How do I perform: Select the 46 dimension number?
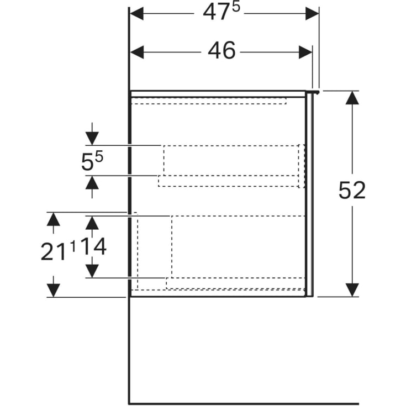tap(222, 51)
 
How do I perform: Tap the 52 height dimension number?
tap(352, 191)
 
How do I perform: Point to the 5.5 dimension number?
tap(92, 161)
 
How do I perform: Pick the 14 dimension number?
tap(93, 247)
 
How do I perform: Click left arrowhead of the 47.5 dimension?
tap(136, 13)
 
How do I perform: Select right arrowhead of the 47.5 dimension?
tap(313, 13)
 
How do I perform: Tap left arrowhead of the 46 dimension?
tap(137, 52)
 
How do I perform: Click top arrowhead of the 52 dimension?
tap(352, 98)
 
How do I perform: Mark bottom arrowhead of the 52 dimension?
tap(352, 289)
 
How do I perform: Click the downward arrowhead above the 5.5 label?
tap(92, 138)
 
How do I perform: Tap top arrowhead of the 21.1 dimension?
tap(53, 219)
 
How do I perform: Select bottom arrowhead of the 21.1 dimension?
tap(53, 290)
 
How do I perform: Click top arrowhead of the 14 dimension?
tap(92, 223)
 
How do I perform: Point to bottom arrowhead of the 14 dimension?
tap(92, 271)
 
